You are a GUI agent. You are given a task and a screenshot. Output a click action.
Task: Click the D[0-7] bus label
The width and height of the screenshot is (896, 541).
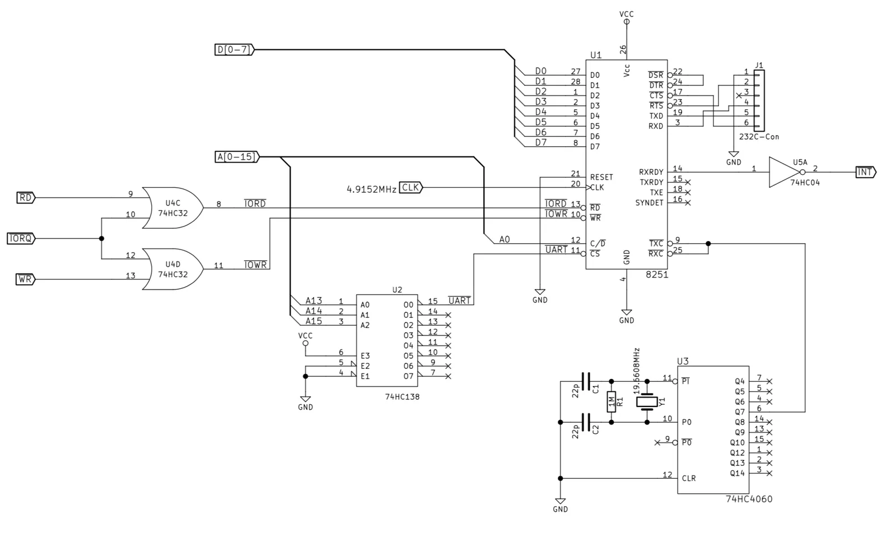coord(235,50)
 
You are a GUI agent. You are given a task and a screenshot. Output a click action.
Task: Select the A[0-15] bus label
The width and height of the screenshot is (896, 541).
coord(237,156)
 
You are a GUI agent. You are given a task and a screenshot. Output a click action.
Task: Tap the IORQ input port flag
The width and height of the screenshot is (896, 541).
coord(21,239)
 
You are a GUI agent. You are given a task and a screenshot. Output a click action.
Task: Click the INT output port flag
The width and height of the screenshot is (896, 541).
coord(866,172)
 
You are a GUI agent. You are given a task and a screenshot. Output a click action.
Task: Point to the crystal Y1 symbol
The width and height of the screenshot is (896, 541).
coord(647,402)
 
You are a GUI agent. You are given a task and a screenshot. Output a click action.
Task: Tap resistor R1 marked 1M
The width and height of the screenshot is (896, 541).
coord(611,401)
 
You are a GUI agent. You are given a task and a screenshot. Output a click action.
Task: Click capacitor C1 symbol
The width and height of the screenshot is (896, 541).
coord(586,381)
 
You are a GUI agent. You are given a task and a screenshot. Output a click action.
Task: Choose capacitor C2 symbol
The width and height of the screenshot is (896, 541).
coord(586,422)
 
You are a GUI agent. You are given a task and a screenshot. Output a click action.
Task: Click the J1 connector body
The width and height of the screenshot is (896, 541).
coord(759,100)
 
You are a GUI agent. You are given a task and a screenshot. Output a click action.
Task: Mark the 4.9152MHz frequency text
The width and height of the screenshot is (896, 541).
coord(371,189)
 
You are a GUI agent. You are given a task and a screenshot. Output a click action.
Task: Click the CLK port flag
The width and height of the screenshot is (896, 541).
coord(411,187)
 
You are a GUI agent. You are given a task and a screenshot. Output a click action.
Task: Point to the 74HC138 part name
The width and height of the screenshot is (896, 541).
coord(402,397)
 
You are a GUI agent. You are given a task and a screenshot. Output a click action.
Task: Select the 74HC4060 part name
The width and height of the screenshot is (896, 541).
coord(749,499)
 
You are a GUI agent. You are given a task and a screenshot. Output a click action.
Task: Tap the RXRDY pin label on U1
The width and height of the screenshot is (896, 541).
coord(651,172)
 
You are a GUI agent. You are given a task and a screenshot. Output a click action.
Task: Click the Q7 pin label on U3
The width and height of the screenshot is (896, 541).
coord(740,412)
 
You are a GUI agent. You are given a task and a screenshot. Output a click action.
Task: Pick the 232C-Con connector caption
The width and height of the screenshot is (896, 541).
coord(759,137)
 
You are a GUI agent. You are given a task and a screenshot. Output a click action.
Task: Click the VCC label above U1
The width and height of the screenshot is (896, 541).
coord(627,14)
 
